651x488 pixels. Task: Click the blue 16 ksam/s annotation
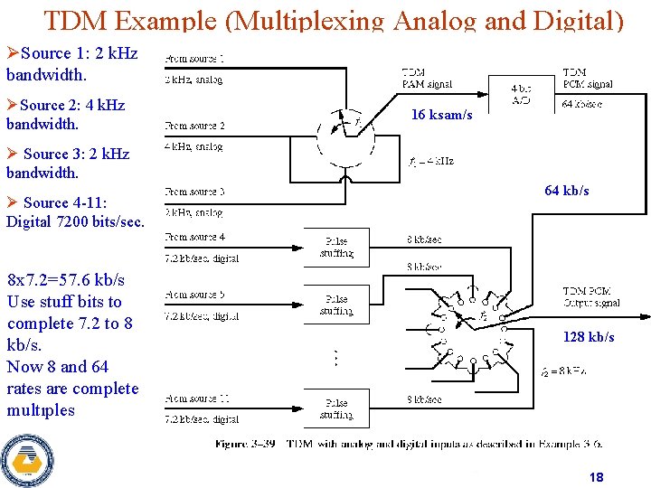(441, 115)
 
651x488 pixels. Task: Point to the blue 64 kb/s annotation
(566, 191)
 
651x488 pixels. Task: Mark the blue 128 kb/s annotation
(589, 337)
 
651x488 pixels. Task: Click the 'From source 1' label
(195, 59)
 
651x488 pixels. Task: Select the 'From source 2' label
(195, 126)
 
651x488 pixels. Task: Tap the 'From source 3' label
(195, 192)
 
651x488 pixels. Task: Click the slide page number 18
(596, 477)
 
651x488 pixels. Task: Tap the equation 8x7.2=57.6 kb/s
(66, 280)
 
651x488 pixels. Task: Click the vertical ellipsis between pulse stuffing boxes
(336, 358)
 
